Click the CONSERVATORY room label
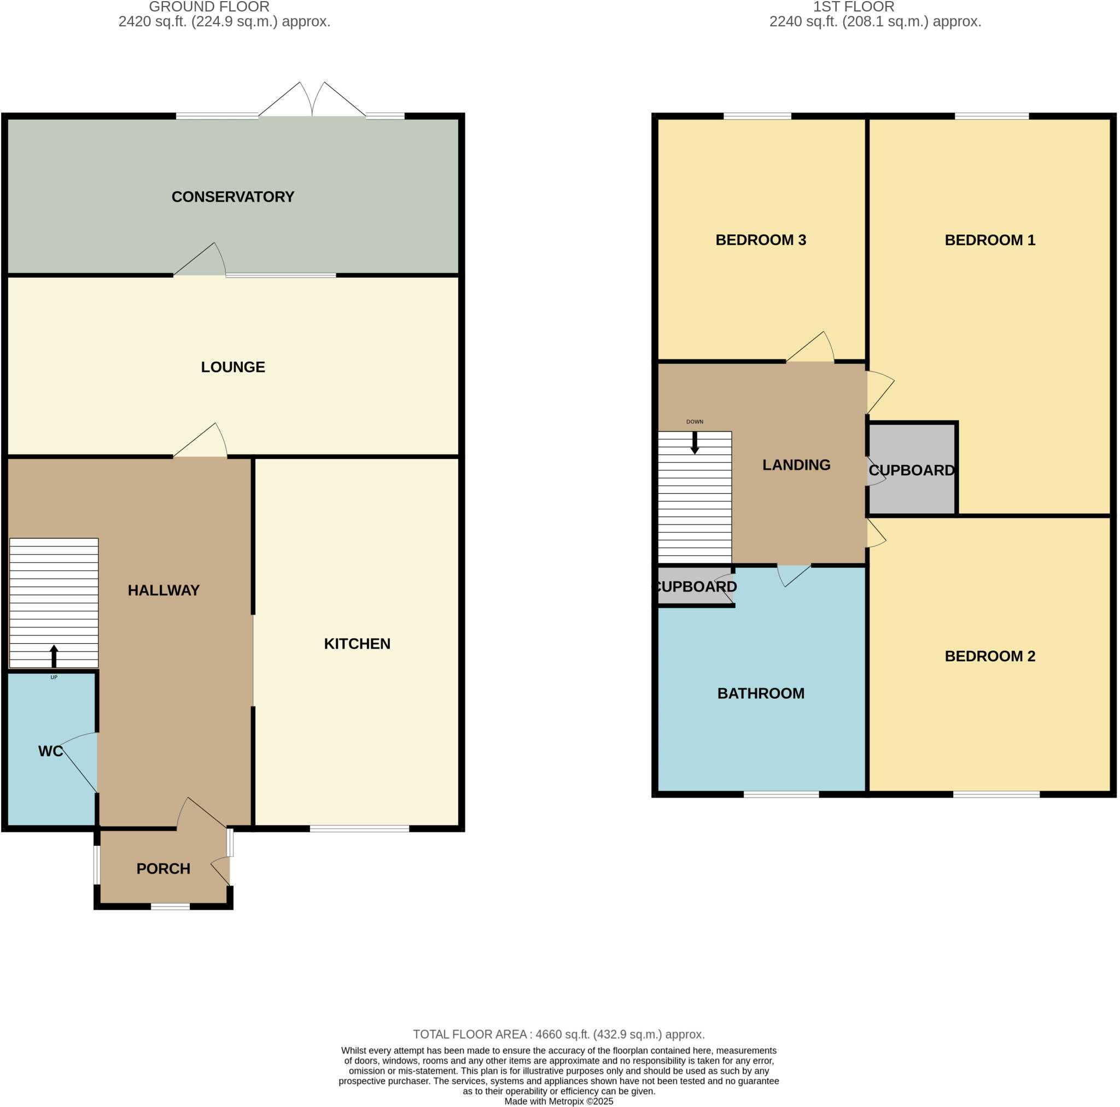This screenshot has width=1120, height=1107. (232, 197)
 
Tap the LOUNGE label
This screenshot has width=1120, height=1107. (232, 367)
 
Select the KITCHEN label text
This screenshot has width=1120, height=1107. (357, 644)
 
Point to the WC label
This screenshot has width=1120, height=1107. (50, 751)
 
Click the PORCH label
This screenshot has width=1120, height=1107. (163, 869)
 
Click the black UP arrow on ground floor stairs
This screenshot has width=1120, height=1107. (54, 656)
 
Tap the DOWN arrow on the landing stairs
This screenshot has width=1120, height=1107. (695, 443)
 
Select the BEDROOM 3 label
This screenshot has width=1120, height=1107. (761, 240)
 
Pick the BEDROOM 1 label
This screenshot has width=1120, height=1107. (989, 240)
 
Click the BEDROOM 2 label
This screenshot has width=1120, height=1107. (989, 656)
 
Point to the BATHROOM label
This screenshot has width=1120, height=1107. (761, 693)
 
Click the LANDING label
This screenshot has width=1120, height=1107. (796, 465)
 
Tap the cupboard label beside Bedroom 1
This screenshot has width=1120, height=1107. (911, 470)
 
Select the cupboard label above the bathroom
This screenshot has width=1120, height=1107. (696, 587)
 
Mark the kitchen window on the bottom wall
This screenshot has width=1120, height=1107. (359, 829)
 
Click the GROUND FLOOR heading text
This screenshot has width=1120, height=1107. (209, 7)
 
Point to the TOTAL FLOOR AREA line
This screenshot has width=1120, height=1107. (559, 1034)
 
